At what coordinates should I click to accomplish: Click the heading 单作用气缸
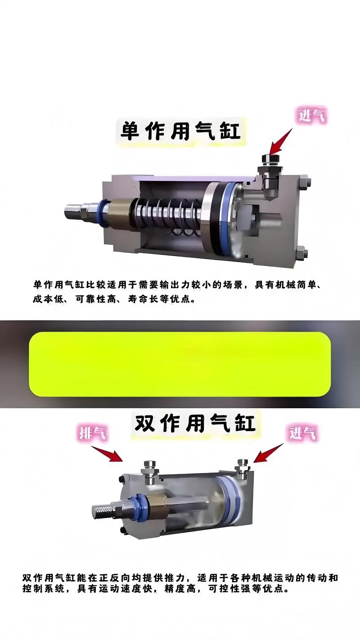pos(180,131)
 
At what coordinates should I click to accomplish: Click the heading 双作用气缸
pos(194,423)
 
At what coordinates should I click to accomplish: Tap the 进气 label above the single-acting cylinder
pos(311,116)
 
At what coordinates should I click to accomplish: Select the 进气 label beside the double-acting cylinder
pos(302,433)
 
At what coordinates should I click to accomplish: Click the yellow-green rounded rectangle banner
pos(180,364)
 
